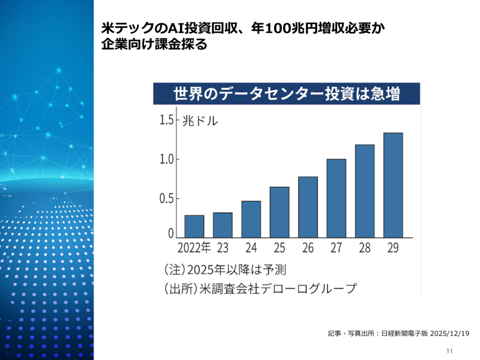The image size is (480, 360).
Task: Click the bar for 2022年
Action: (194, 226)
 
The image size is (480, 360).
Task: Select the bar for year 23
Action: (223, 225)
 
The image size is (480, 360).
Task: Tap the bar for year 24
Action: (251, 219)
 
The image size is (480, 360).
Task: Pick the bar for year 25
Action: (279, 212)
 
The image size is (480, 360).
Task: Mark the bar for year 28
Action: (365, 191)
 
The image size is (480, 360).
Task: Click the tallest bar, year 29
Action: (393, 185)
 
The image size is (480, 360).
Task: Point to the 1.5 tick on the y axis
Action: (167, 120)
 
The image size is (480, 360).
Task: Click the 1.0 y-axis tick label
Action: (167, 159)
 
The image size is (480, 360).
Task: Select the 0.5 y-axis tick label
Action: (167, 199)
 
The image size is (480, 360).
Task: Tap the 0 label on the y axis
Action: (171, 233)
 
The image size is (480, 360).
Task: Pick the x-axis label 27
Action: (336, 247)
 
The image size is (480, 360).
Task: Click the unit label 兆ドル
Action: (200, 120)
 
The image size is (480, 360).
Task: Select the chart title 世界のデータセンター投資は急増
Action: (287, 93)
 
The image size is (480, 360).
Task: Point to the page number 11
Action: (450, 351)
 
